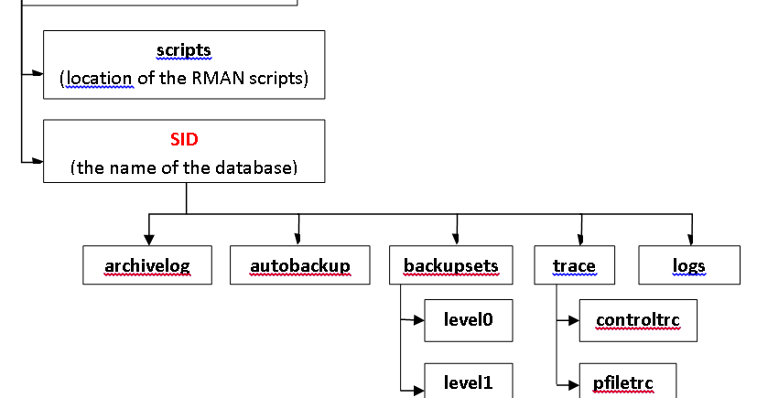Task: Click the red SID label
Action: tap(184, 140)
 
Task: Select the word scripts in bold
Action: tap(184, 49)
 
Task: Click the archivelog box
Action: tap(146, 265)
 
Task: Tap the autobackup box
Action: tap(299, 265)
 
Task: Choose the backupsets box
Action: tap(450, 265)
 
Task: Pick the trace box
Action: tap(574, 265)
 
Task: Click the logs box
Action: tap(688, 265)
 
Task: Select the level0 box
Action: tap(468, 320)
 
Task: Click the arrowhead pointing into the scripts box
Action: tap(38, 71)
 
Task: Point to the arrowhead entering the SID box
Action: tap(38, 161)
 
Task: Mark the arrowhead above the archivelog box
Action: tap(148, 240)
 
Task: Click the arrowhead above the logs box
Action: tap(691, 240)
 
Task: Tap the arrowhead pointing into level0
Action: tap(418, 321)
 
